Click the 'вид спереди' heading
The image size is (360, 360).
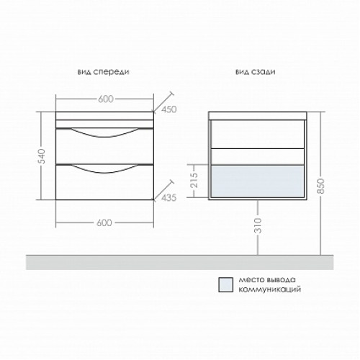(x=103, y=72)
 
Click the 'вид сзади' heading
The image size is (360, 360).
(x=256, y=72)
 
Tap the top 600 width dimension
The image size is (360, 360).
(x=106, y=99)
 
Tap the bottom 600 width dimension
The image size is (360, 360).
(x=104, y=223)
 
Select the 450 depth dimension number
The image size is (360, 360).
(x=169, y=109)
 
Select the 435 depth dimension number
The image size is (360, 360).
(x=169, y=198)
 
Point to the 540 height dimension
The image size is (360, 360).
(x=42, y=156)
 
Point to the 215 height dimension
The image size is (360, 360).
(x=194, y=180)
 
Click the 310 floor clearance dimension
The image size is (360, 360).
(x=258, y=225)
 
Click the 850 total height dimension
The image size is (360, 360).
(x=321, y=186)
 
